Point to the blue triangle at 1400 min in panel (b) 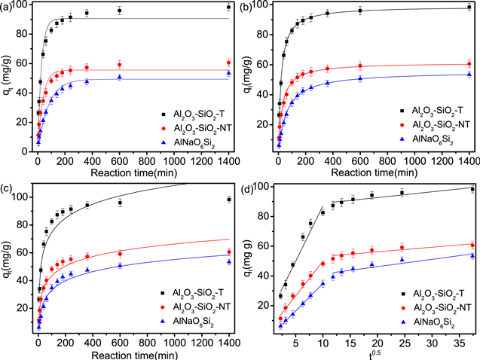469,74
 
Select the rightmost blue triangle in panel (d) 472,255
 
